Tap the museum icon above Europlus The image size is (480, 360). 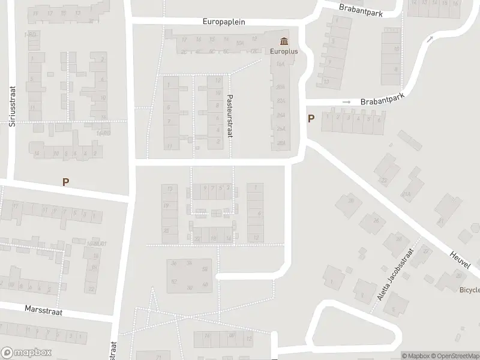tap(283, 41)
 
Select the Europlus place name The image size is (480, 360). tap(283, 52)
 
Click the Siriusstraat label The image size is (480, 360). tap(11, 107)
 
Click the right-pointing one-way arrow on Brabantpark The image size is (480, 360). tap(346, 102)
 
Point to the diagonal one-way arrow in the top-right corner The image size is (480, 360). tap(430, 40)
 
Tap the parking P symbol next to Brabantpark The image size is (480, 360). tap(311, 118)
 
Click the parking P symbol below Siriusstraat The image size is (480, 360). tap(65, 182)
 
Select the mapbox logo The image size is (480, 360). tap(26, 353)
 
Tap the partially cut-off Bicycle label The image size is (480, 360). tap(469, 289)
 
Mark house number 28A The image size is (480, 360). tap(280, 142)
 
